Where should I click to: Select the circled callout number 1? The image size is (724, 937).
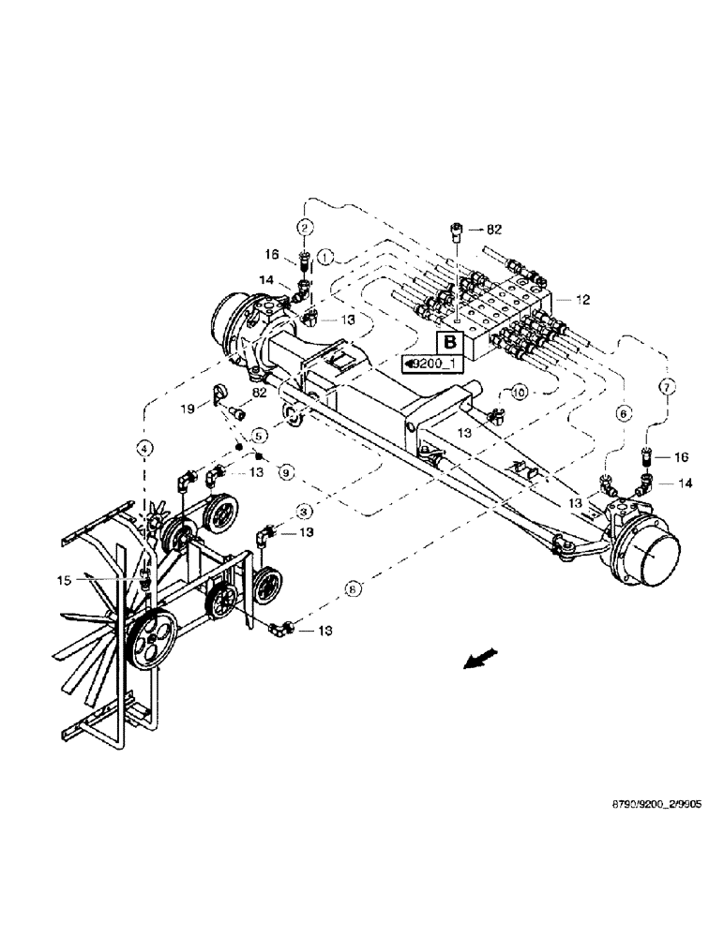[x=325, y=255]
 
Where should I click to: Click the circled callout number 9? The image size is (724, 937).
[x=286, y=471]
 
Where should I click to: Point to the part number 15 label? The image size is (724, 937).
[x=115, y=581]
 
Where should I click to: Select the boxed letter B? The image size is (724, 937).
[x=449, y=342]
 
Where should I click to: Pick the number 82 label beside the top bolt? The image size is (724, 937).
[x=494, y=228]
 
